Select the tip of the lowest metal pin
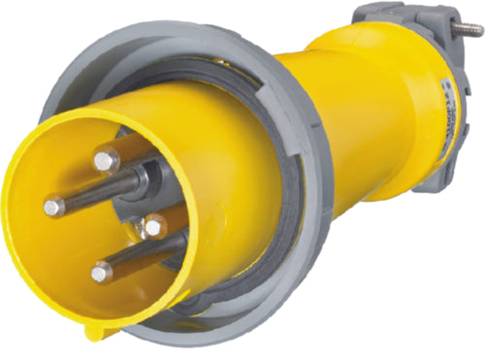[x=102, y=274]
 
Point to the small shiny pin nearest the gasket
[x=152, y=227]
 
